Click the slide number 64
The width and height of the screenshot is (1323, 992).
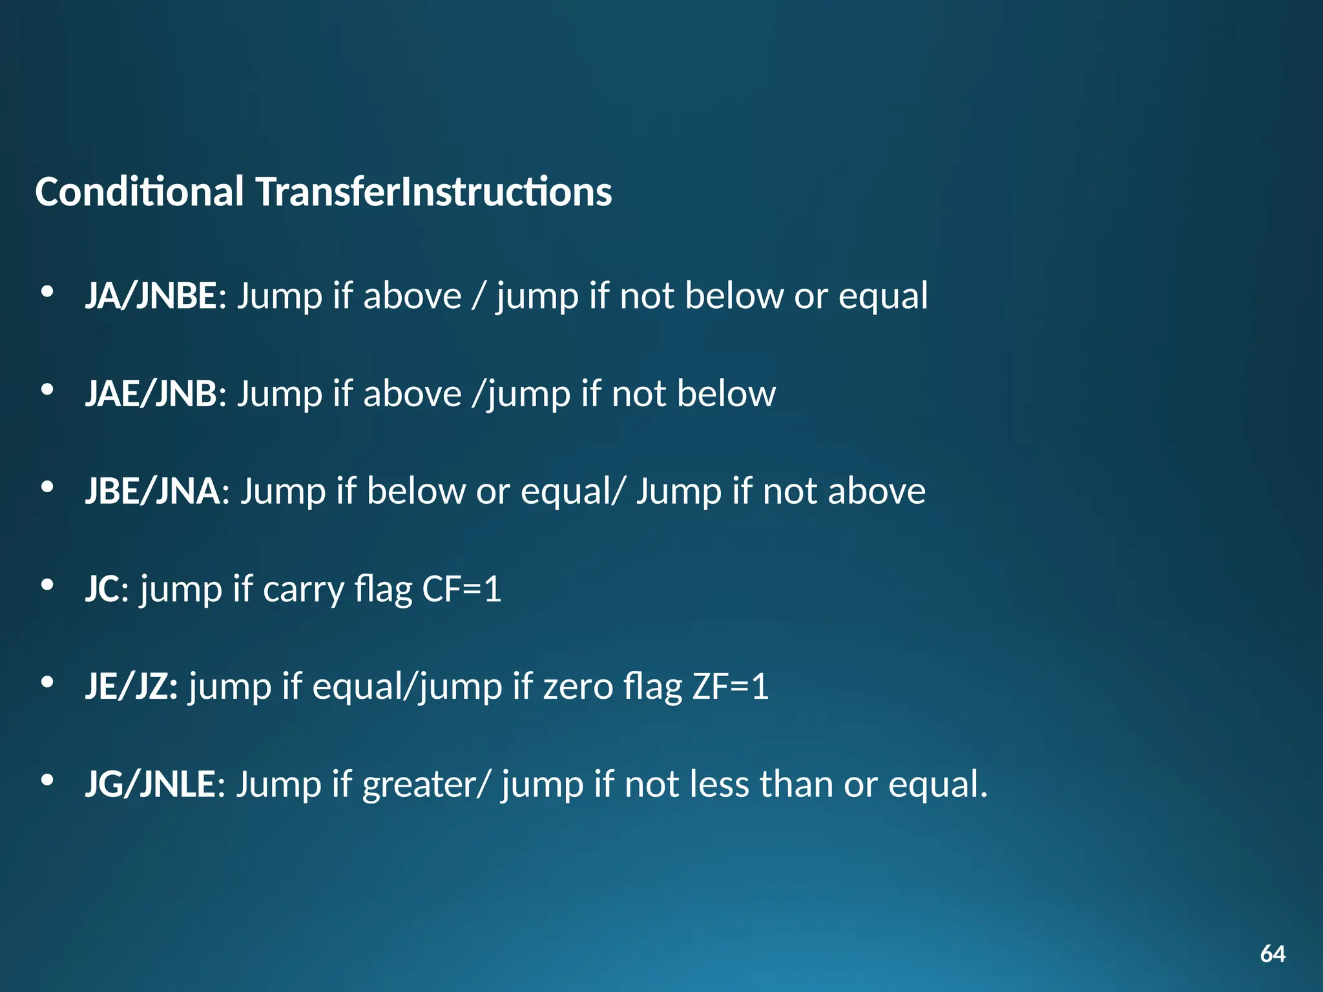point(1272,954)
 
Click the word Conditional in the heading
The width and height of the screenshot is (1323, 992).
point(140,192)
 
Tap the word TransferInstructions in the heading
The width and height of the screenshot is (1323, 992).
point(433,192)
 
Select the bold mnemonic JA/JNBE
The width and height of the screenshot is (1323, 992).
point(151,296)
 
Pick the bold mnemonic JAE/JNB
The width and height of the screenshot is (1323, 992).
point(151,394)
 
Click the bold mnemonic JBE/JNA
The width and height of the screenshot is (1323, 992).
point(152,491)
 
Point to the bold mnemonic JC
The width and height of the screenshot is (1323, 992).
point(102,589)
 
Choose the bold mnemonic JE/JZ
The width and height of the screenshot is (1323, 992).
point(131,687)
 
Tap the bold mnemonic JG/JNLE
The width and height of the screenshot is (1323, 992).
point(150,784)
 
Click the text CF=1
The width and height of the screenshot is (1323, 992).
point(461,589)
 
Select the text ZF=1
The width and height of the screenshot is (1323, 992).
point(730,687)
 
